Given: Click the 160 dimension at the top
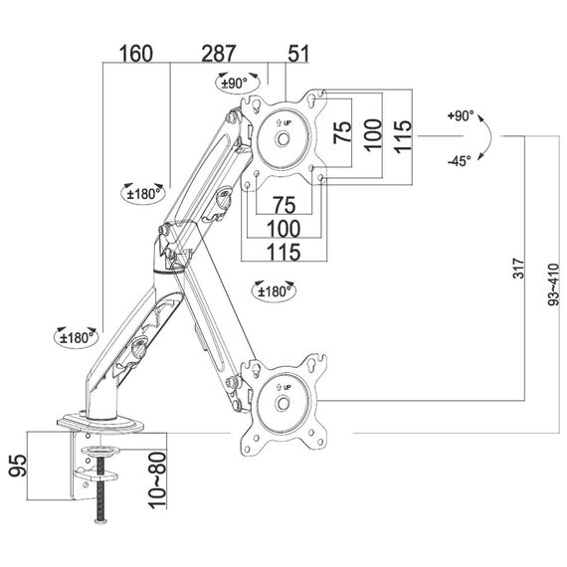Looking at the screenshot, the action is pos(136,54).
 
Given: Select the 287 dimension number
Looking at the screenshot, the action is pos(219,54).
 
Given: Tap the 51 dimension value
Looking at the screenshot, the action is pos(298,54).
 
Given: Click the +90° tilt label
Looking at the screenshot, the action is pos(461,115).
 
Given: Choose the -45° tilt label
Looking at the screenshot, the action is pos(460,161).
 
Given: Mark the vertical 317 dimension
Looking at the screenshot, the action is pos(519,268).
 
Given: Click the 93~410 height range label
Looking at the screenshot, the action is pos(553,284).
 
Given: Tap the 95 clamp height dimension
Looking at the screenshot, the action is pos(18,466).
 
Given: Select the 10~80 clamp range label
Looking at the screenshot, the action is pos(157,479).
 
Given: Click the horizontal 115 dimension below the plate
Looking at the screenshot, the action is pos(283,252).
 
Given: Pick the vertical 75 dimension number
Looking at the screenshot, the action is pos(342,132).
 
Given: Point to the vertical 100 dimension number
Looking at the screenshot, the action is pos(373,135).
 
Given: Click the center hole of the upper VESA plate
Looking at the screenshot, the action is pos(283,139).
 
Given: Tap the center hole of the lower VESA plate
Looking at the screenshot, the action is pos(283,403).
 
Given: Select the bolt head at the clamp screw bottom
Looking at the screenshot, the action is pos(101,521).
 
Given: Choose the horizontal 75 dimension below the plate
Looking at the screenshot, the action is pos(284,205).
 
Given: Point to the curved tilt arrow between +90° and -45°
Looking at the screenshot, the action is pos(490,136).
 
